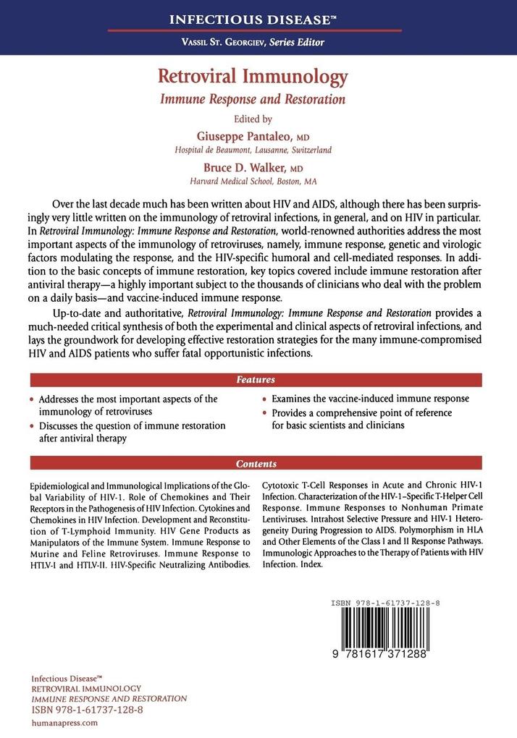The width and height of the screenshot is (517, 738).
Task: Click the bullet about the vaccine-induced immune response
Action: [370, 399]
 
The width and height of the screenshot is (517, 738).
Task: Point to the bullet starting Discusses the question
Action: [130, 432]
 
